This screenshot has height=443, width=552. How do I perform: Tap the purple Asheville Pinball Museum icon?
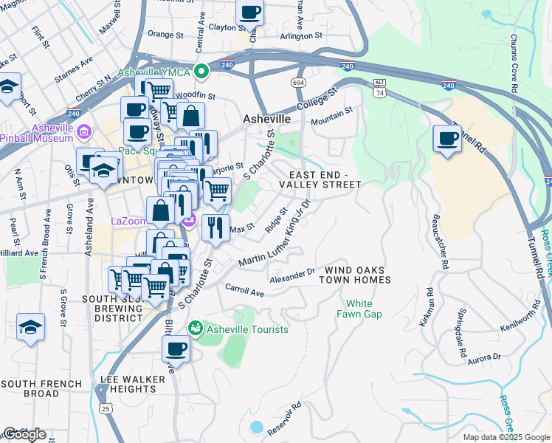click(x=84, y=133)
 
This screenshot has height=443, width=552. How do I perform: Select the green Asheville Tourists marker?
click(x=196, y=328)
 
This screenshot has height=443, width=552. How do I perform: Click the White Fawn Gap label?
click(x=359, y=309)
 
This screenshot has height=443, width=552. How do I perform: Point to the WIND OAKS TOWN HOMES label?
click(x=354, y=275)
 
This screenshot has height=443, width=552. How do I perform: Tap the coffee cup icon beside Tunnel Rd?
click(x=446, y=140)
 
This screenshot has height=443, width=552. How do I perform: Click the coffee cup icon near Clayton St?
click(x=250, y=13)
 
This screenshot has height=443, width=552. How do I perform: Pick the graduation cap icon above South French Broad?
click(x=30, y=326)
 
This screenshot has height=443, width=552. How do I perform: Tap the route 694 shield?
click(x=298, y=82)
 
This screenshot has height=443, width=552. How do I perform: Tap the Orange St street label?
click(x=165, y=34)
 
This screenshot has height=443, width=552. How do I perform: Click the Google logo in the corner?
click(x=24, y=434)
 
